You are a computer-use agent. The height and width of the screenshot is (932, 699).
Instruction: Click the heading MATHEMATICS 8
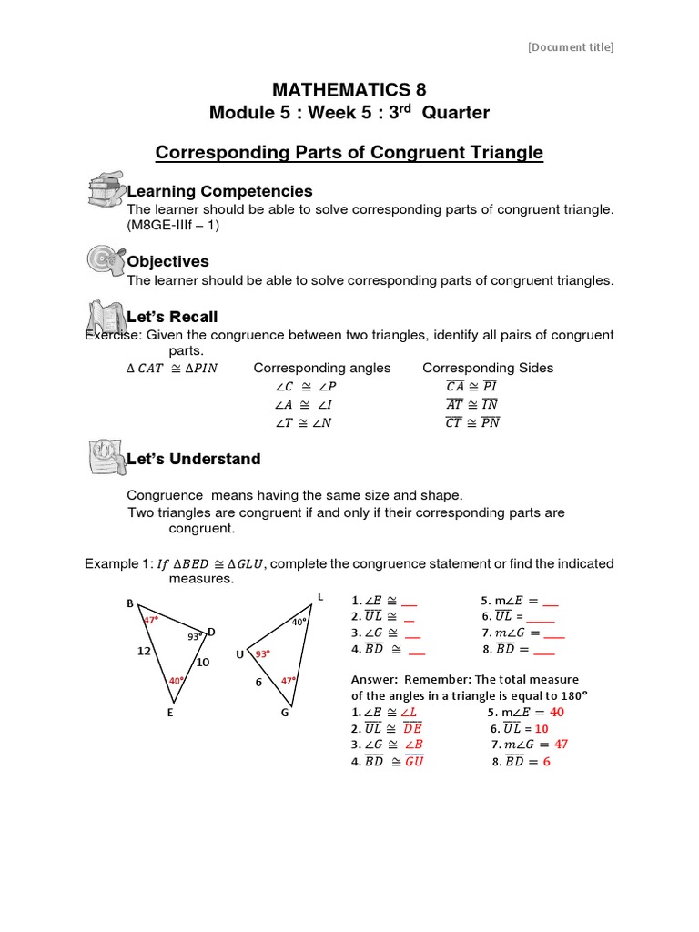coord(349,89)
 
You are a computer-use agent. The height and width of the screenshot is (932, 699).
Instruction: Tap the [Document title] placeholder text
coord(571,47)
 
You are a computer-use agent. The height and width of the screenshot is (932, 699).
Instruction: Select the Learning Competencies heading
coord(219,191)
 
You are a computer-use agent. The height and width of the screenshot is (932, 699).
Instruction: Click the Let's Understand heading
coord(193,459)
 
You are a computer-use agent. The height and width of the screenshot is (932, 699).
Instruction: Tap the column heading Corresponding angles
coord(321,368)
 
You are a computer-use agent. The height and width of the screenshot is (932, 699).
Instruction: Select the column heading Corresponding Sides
coord(488,368)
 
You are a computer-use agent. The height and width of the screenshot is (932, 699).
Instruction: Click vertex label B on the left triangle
coord(130,604)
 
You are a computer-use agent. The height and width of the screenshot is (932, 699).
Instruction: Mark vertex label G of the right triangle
coord(285,713)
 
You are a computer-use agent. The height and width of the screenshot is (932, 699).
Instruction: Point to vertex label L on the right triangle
coord(319,596)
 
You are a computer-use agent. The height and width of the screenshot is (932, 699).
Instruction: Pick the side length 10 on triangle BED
coord(202,663)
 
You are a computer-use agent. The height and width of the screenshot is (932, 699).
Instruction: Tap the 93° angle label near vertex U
coord(262,653)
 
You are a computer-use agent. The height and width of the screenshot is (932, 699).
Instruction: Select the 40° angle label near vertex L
coord(299,623)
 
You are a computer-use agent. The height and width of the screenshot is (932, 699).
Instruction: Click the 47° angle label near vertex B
coord(151,620)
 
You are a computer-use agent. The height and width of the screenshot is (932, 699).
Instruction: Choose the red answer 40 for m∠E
coord(557,712)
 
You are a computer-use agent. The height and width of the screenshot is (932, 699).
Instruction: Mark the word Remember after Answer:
coord(438,680)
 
